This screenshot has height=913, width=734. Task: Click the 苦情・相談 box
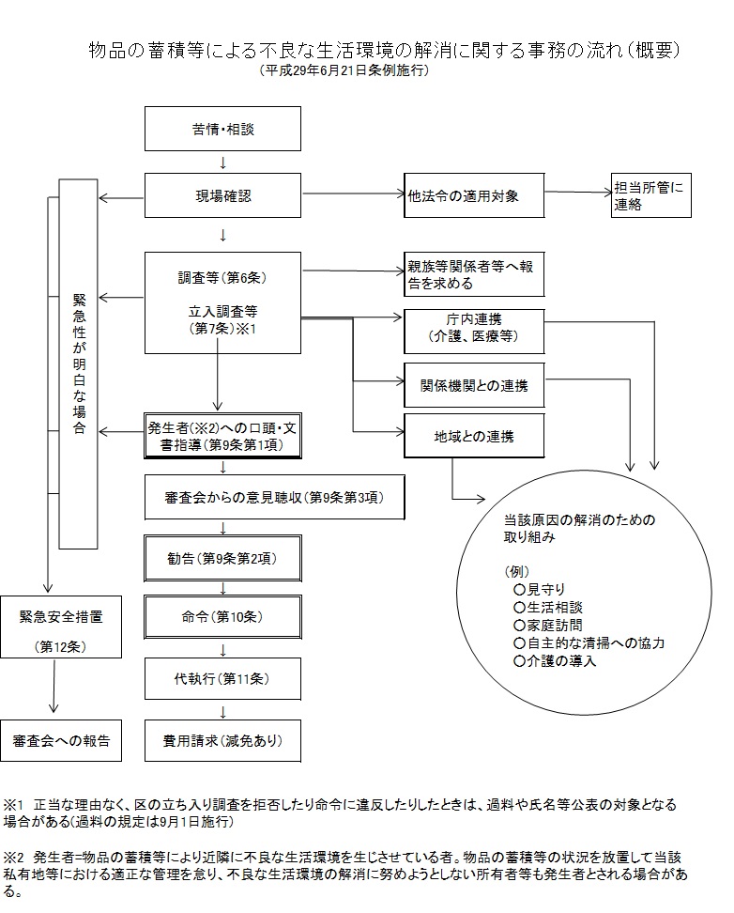pos(222,129)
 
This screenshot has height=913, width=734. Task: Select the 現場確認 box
pos(222,196)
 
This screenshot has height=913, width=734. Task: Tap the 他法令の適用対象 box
pos(474,196)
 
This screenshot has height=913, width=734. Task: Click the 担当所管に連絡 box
pos(649,195)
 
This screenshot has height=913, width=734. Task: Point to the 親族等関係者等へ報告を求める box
pos(474,273)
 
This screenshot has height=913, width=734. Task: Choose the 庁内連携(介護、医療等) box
pos(474,327)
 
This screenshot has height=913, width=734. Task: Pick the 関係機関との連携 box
pos(474,384)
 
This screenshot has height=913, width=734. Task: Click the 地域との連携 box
pos(474,437)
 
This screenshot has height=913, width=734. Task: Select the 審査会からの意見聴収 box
pos(274,497)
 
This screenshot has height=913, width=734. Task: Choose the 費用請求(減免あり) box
pos(222,739)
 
